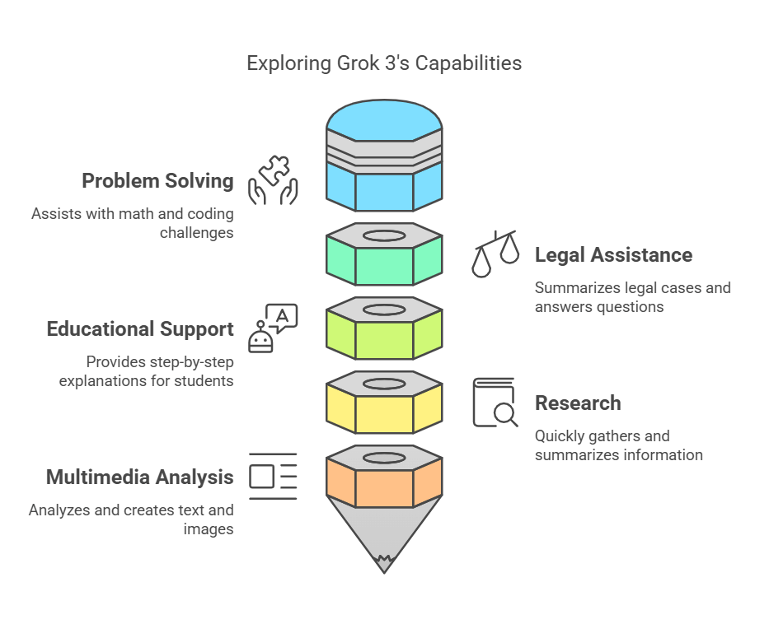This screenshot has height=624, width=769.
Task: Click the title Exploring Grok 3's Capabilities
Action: click(384, 63)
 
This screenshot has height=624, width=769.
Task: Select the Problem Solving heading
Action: click(157, 181)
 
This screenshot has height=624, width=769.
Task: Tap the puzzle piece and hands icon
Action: click(273, 180)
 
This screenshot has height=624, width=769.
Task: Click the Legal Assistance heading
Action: click(613, 255)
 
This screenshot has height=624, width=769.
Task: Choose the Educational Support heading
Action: click(140, 329)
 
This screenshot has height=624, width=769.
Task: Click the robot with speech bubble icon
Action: click(273, 328)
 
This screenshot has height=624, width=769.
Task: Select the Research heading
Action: click(578, 403)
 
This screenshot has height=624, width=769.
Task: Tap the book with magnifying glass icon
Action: click(495, 403)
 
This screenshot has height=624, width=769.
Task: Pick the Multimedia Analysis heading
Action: click(139, 477)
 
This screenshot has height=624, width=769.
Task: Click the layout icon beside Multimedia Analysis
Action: click(273, 477)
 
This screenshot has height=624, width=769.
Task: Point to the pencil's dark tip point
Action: click(384, 564)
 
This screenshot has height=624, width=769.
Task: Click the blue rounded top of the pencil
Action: click(384, 119)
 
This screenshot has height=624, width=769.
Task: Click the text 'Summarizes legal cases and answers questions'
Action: click(632, 298)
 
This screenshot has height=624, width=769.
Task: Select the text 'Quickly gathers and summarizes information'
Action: click(618, 445)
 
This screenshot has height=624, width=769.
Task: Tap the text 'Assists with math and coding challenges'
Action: click(133, 223)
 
